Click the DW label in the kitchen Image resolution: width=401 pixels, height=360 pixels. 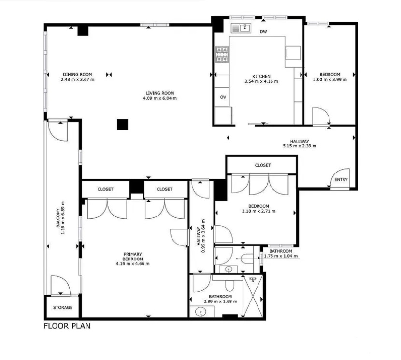263,32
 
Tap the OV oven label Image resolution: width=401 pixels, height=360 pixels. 223,97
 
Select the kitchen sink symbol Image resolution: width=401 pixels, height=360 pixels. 242,28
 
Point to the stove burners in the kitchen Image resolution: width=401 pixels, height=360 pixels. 222,54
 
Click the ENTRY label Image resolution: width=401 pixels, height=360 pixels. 341,180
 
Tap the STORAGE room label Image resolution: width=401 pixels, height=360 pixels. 63,307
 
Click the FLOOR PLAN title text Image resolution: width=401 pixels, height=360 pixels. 67,326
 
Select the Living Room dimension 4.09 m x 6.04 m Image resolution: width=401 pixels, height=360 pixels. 160,98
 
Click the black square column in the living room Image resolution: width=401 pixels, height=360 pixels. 123,125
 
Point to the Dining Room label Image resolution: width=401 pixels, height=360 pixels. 77,74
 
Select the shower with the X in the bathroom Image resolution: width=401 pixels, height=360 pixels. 252,296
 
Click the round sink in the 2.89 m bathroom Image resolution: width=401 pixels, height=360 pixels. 201,312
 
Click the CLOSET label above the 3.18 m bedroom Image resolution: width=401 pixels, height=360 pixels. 263,165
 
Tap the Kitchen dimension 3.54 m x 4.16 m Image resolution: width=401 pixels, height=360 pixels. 261,81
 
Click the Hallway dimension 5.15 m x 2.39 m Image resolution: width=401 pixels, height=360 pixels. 300,146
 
